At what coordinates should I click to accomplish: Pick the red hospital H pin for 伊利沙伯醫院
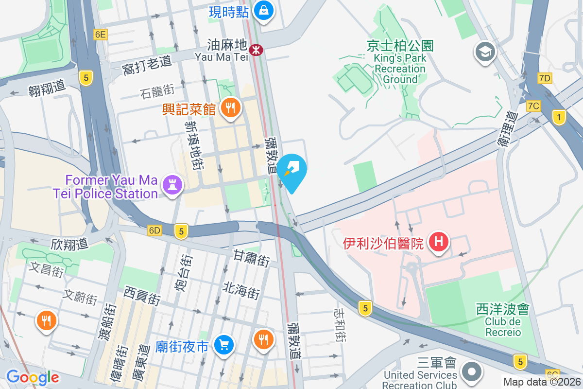coord(439,241)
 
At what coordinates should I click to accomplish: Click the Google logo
coord(33,377)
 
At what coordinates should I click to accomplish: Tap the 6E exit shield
coord(101,35)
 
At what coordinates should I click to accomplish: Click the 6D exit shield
coord(154,230)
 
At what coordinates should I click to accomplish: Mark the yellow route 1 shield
coord(560,117)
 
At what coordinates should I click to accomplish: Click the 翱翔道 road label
coord(47,87)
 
